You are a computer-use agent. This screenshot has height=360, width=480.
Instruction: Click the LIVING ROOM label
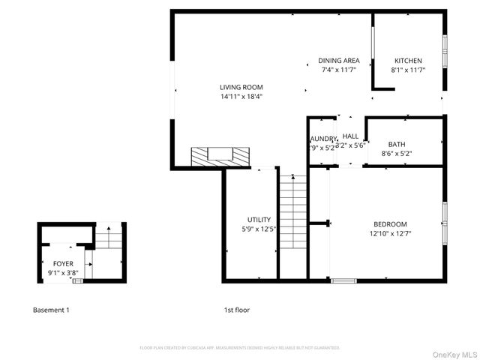tap(241, 87)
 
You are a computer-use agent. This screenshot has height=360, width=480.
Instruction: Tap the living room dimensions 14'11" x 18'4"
tap(241, 96)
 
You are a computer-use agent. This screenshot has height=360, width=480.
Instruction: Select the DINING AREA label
tap(339, 61)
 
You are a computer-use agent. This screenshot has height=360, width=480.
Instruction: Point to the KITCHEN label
tap(408, 61)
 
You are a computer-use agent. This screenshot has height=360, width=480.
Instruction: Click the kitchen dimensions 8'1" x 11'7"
tap(408, 70)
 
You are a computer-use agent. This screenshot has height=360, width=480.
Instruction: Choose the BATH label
tap(397, 145)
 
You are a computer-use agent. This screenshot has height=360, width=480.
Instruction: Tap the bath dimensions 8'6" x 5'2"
tap(397, 154)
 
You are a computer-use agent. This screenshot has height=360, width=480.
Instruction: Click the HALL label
tap(350, 136)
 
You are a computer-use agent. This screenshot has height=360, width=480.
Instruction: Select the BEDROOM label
tap(390, 224)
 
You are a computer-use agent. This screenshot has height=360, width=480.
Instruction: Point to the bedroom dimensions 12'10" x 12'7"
tap(390, 233)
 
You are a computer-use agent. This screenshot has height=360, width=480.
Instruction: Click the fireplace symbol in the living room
tap(220, 156)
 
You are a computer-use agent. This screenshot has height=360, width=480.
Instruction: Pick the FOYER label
tap(64, 264)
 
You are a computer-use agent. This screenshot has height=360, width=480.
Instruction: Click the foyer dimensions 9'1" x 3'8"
tap(64, 273)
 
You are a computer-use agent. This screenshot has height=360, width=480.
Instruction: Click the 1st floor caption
tap(236, 310)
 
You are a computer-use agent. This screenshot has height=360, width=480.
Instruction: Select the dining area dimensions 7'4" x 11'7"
tap(339, 70)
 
